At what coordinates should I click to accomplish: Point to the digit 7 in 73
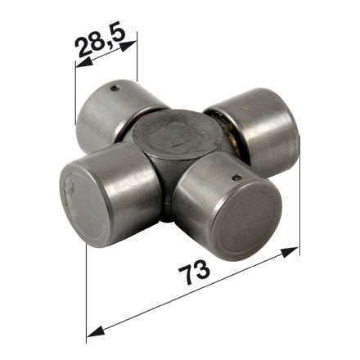187,275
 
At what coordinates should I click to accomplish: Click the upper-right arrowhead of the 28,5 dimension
128,46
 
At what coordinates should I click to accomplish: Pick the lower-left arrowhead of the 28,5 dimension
84,62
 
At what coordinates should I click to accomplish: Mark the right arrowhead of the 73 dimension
290,252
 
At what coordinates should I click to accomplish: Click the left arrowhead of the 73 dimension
96,331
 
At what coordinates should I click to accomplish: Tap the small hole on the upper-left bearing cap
115,88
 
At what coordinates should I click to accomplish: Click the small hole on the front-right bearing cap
237,178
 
